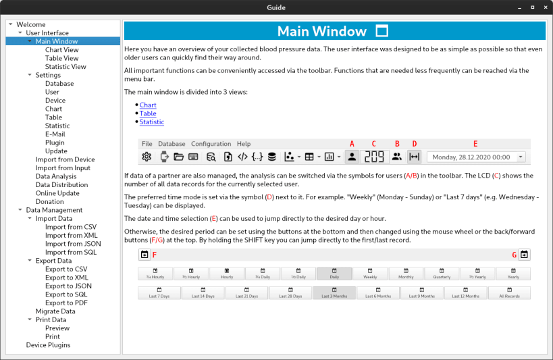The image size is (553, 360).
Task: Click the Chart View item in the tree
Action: pos(61,50)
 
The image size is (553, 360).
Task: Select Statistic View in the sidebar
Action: pos(65,67)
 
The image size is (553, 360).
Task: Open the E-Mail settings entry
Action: pos(55,134)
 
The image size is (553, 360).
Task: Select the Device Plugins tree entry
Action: pos(48,345)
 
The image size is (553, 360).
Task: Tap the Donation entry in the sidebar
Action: pos(50,202)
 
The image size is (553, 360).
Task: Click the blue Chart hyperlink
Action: pos(148,105)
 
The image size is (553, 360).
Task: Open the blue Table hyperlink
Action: pos(148,114)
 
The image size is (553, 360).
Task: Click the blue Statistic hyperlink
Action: pos(152,122)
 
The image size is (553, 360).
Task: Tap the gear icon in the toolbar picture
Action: pos(147,157)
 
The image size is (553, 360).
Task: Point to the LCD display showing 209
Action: pos(374,157)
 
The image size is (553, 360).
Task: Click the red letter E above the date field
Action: pos(475,143)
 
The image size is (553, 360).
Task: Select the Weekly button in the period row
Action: pos(370,274)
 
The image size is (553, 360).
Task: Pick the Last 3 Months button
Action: pos(334,294)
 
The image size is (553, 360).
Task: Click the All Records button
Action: pos(509,294)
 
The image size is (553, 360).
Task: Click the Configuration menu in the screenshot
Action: pos(211,144)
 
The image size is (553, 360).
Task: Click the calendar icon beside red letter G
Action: pos(525,255)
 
